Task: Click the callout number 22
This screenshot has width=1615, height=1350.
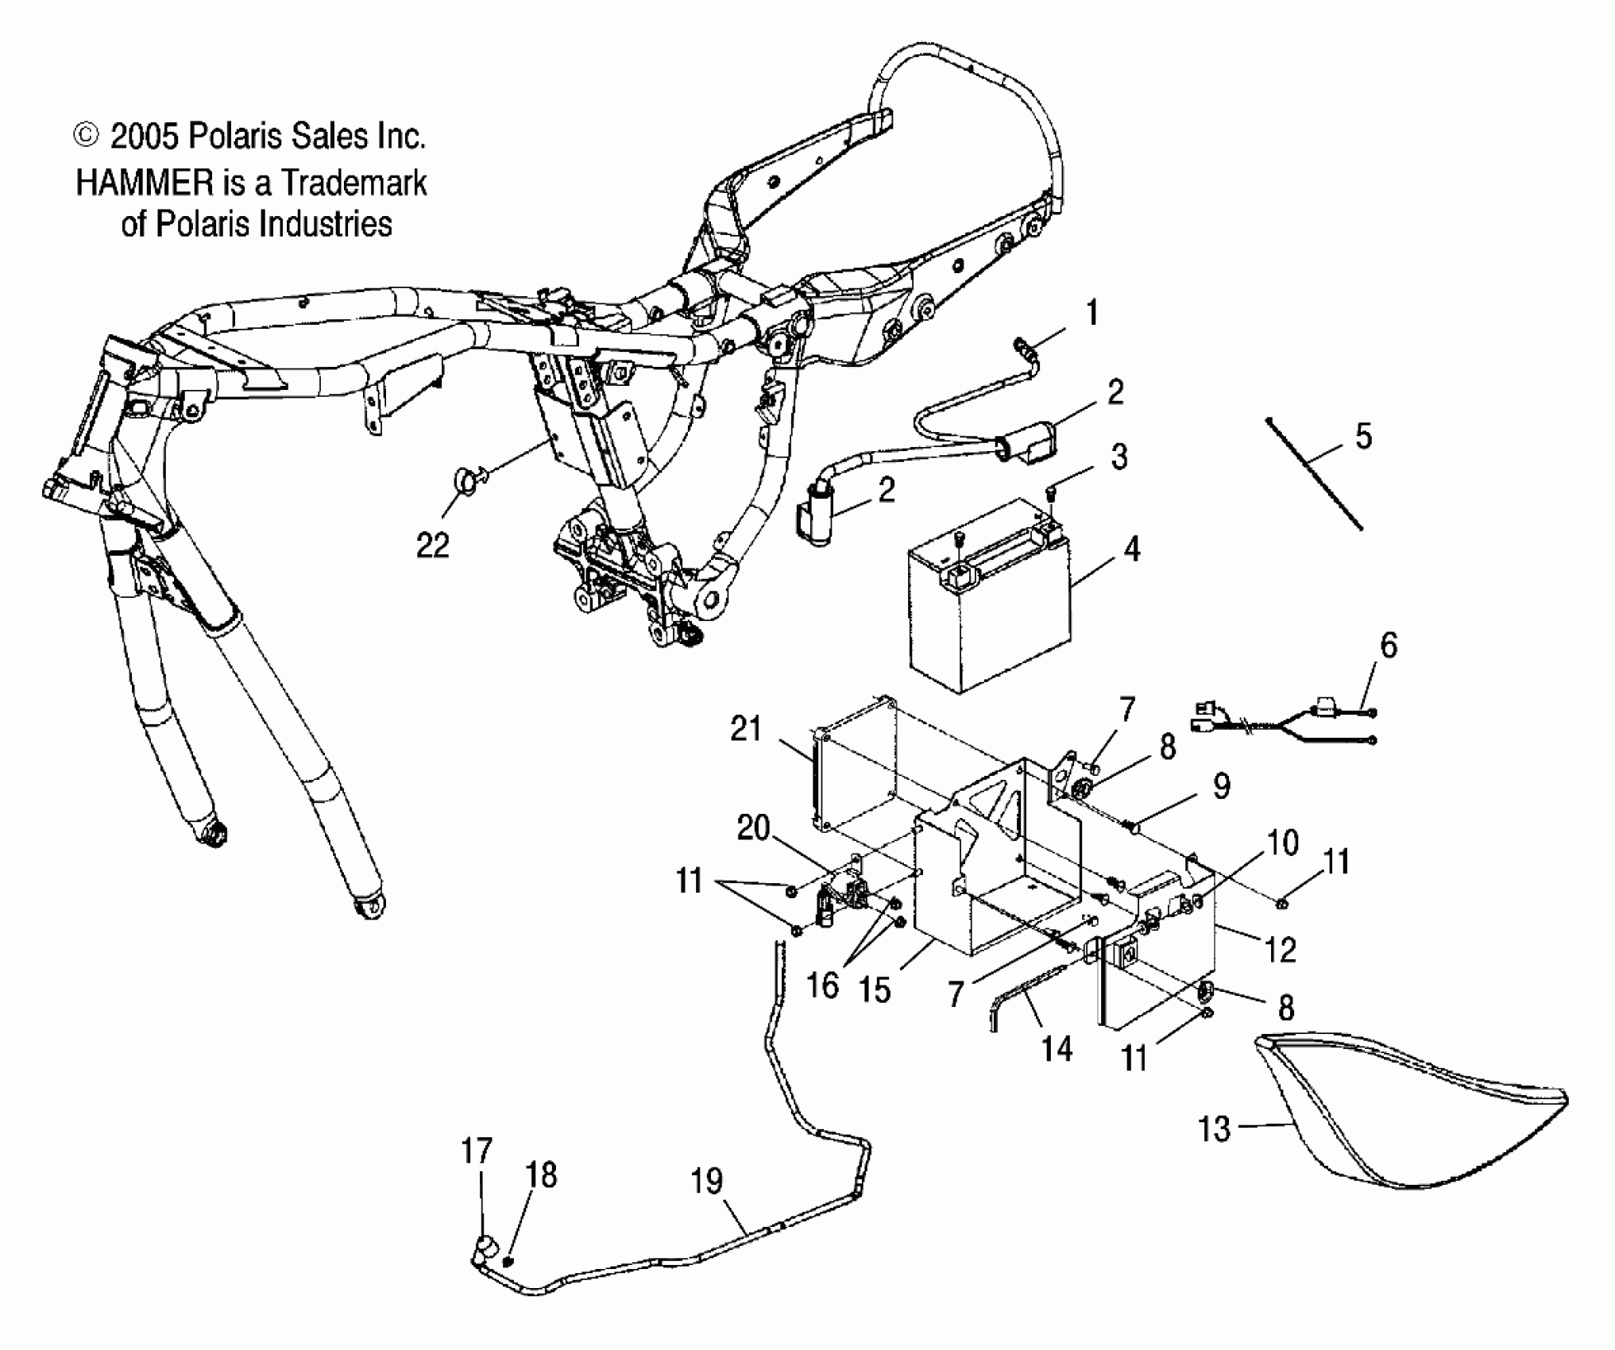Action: click(433, 545)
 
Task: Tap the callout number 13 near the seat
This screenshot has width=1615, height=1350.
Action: click(1214, 1128)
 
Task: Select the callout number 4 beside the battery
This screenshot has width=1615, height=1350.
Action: click(1131, 549)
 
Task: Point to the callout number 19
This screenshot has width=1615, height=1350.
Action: click(706, 1181)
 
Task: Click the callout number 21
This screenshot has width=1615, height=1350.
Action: click(746, 728)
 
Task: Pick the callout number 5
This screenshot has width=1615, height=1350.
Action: click(1363, 436)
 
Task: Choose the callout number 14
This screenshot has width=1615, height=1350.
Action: click(1057, 1049)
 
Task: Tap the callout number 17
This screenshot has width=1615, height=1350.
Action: click(477, 1150)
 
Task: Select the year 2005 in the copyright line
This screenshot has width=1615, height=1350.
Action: click(144, 137)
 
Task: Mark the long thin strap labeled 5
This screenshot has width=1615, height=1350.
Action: click(1315, 475)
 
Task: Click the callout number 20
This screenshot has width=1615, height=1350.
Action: click(753, 828)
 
